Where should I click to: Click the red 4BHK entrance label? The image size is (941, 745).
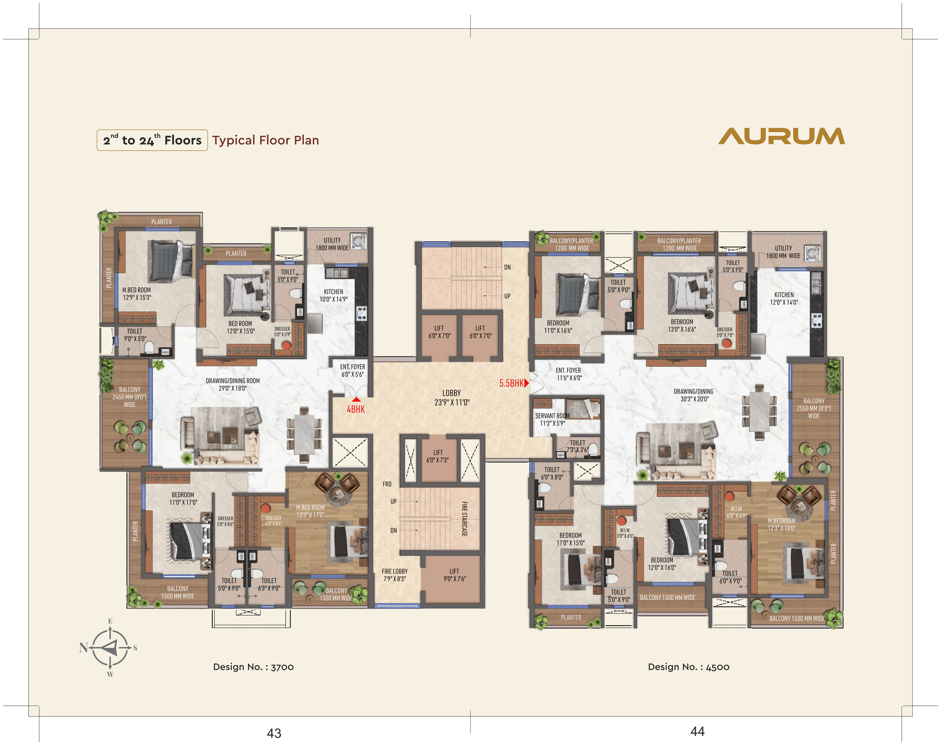(356, 409)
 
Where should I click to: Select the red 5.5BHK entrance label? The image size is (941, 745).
(512, 383)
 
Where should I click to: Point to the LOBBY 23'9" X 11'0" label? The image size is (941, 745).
(452, 398)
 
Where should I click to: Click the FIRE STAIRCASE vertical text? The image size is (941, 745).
(464, 519)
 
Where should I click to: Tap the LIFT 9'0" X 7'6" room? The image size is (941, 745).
(454, 578)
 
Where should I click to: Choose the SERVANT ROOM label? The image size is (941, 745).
(552, 416)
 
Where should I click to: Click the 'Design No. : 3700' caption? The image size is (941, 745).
(253, 666)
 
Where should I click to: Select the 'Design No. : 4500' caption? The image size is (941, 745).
(688, 666)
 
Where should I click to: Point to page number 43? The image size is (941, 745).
(274, 733)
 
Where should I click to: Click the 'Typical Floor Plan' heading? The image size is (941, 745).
(266, 140)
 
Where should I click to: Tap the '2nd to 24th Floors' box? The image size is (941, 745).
(152, 140)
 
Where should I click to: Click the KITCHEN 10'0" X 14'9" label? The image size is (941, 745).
(333, 295)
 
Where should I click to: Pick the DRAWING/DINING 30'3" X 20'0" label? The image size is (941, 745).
(694, 395)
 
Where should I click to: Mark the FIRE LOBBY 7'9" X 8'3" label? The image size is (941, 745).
(394, 575)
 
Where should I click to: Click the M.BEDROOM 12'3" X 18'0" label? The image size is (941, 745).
(781, 524)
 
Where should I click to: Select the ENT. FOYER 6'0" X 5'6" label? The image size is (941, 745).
(353, 370)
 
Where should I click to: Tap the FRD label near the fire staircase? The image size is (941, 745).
(387, 484)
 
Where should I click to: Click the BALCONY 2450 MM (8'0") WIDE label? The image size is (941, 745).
(129, 397)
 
